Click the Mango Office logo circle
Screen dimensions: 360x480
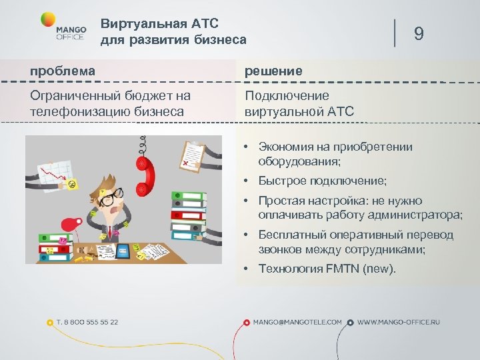point(49,21)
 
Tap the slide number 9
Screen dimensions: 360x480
point(419,33)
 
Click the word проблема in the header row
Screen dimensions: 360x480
point(63,71)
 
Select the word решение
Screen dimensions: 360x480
point(273,71)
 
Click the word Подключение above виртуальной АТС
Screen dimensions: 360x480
point(287,96)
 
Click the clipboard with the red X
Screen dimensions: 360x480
point(193,155)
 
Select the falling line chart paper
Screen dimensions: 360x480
point(55,171)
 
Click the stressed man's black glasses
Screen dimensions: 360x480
point(113,195)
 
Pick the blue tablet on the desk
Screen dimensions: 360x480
point(124,251)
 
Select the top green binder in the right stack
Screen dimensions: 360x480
point(189,197)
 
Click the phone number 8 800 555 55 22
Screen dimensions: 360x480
point(87,322)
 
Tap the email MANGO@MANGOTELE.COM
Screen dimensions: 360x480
point(297,322)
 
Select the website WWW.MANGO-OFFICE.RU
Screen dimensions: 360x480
point(399,322)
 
